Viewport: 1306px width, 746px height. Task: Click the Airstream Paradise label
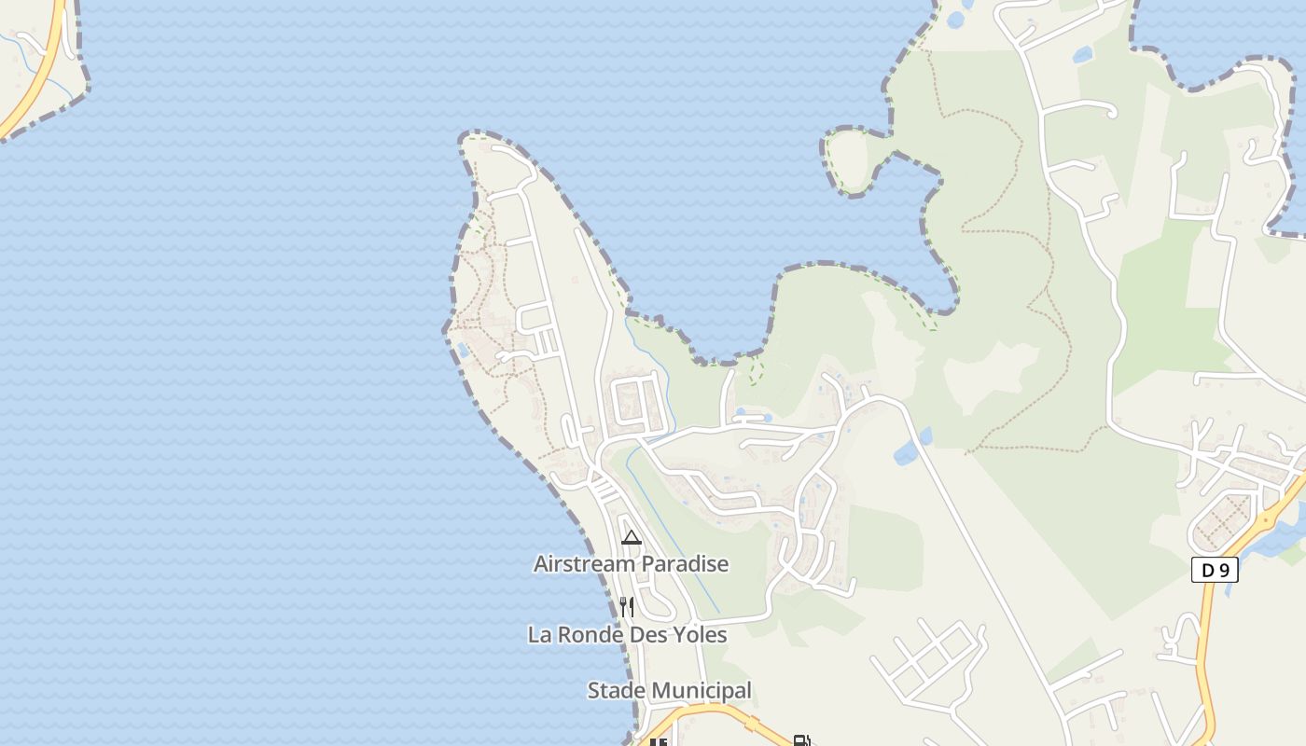(x=631, y=564)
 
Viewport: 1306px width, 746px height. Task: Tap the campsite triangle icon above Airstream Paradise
(x=632, y=537)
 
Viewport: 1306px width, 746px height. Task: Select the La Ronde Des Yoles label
(x=627, y=635)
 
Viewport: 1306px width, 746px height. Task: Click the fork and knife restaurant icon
(x=627, y=607)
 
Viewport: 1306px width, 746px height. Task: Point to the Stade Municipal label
(x=669, y=691)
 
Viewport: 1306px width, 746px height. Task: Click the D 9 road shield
(x=1215, y=570)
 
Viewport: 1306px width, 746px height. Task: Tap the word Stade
(x=611, y=691)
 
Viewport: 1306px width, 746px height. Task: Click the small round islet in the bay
(x=850, y=161)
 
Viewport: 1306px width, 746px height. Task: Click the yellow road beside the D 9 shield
(x=1204, y=634)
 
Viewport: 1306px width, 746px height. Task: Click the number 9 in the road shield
(x=1224, y=570)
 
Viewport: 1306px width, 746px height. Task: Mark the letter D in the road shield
(x=1207, y=570)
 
